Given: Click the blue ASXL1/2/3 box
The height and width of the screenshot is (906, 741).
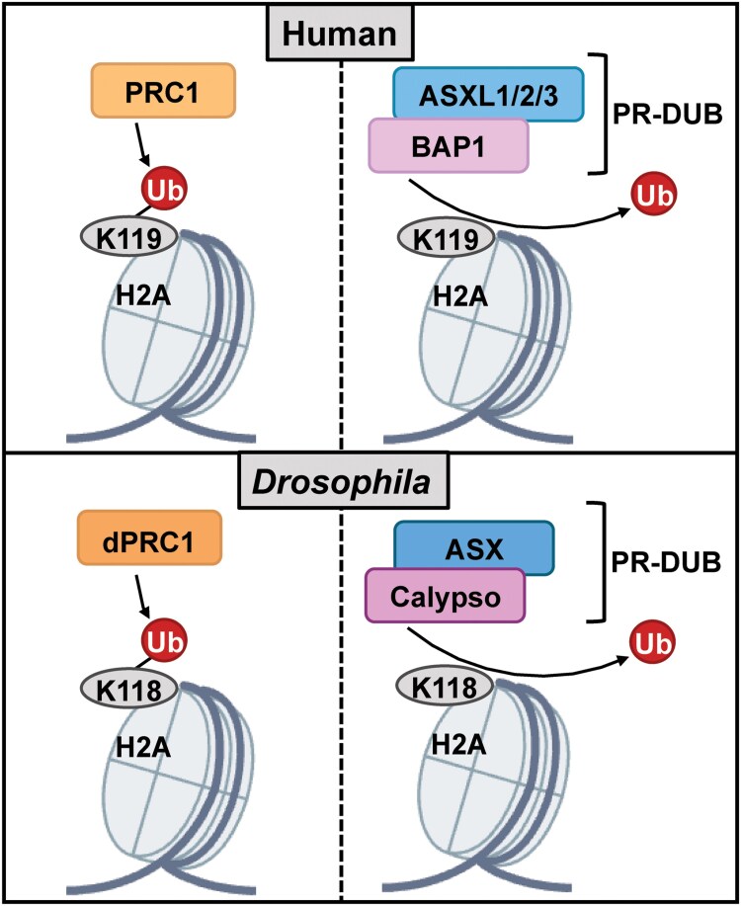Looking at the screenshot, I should [x=489, y=95].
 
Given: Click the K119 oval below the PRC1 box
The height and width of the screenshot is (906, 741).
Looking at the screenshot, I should [x=128, y=237].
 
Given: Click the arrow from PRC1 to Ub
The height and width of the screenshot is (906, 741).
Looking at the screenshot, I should [x=143, y=147].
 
